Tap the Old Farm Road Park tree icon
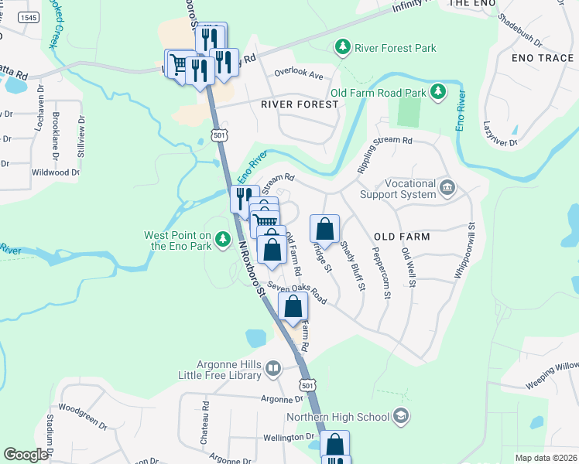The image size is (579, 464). pos(438,93)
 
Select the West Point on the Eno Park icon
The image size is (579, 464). pos(224,241)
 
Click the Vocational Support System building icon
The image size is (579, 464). pos(447,187)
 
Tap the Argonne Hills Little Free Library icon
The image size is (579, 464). pos(272,370)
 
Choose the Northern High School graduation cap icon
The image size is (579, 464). pos(400,417)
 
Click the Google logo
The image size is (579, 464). pos(26,455)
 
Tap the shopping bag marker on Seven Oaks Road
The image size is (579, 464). pos(293,306)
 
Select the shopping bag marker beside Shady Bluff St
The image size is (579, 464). pos(324,229)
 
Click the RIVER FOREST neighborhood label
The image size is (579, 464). pos(300,104)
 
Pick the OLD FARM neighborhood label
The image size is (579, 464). pos(401,236)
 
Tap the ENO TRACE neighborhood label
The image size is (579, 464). pos(543,58)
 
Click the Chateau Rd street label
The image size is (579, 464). pos(206,416)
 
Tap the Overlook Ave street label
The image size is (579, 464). pos(299,76)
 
